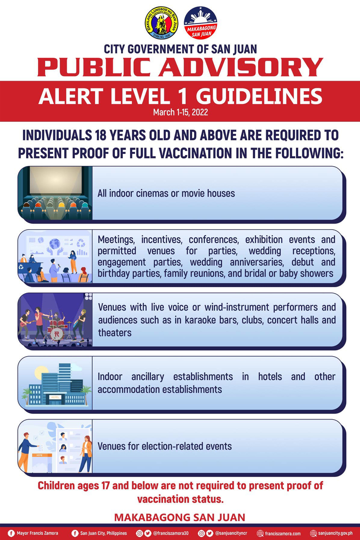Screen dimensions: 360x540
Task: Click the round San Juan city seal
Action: (161, 23)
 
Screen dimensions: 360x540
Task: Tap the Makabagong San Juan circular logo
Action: (201, 23)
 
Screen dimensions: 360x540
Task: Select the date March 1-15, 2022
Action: (180, 112)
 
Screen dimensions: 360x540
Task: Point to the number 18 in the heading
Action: (101, 135)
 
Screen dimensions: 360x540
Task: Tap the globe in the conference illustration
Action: (54, 244)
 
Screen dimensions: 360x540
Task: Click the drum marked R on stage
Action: (57, 334)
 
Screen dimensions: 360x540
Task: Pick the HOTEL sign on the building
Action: (55, 397)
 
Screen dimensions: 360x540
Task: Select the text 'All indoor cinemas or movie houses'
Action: (166, 193)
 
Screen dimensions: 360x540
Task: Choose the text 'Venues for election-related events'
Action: (164, 446)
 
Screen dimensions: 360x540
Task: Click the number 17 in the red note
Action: (105, 486)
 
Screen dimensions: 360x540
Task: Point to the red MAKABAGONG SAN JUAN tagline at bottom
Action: (180, 517)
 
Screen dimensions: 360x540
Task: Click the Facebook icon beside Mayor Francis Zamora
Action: (11, 533)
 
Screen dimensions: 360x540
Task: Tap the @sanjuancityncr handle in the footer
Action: (231, 533)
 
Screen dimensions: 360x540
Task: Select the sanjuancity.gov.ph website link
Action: (335, 533)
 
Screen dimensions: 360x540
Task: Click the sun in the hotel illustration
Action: (41, 372)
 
